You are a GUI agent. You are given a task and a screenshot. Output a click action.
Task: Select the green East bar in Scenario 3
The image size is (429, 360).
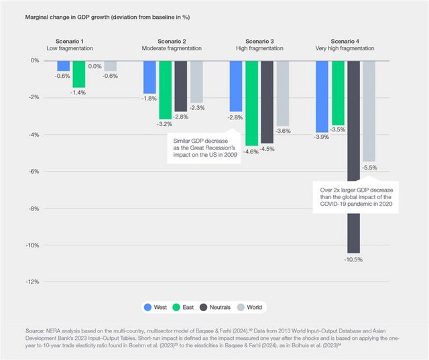[251, 103]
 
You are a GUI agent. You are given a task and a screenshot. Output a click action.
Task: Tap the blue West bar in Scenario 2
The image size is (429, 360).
[149, 76]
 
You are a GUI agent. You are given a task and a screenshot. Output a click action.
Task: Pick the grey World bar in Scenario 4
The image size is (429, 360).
[369, 111]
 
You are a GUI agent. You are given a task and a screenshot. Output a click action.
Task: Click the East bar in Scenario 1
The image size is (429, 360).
[79, 73]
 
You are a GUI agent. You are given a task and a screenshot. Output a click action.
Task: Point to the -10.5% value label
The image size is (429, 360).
[354, 259]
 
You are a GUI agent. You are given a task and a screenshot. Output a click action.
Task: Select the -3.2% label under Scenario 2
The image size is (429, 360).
[165, 124]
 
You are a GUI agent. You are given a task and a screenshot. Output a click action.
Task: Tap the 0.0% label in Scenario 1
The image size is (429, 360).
[95, 66]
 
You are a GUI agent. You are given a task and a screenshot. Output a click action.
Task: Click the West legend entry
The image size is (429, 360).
[156, 307]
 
